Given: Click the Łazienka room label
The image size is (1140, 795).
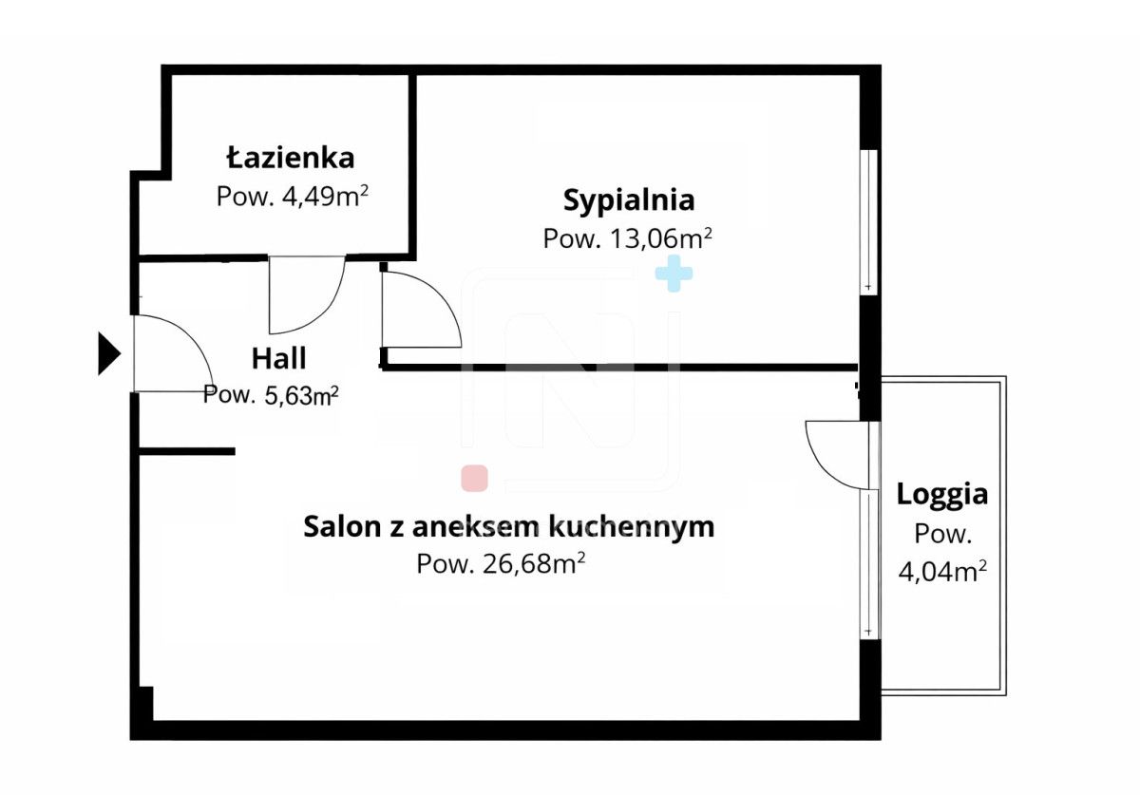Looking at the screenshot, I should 291,157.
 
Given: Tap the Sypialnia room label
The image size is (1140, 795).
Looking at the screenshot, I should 629,200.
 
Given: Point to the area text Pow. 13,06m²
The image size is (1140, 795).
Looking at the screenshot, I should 628,238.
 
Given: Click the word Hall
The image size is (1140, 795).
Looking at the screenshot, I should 278,358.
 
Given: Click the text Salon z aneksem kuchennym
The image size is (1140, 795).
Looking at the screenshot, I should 508,526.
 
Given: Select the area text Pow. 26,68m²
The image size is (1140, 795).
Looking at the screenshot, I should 500,564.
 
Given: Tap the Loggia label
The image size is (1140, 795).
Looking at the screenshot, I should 941,494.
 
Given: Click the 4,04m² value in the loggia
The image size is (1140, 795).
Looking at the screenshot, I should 941,572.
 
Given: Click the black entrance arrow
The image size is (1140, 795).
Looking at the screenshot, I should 109,354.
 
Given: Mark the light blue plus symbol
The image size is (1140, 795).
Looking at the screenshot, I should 674,273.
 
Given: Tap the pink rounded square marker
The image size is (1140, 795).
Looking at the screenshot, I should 474,479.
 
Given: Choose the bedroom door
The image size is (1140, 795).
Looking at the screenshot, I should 418,309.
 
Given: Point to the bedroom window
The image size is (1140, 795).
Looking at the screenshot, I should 867,221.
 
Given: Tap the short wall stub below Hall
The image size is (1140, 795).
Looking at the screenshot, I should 187,451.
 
